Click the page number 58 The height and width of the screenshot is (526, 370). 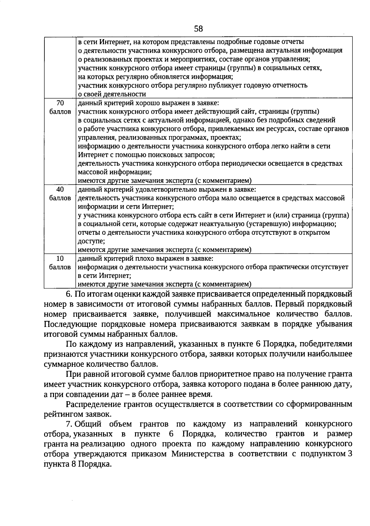click(x=199, y=29)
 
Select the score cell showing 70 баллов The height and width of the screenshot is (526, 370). click(x=60, y=107)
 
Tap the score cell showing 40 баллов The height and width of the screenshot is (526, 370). click(x=60, y=194)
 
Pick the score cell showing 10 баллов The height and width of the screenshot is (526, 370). click(x=60, y=263)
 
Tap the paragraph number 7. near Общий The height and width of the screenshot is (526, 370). click(x=69, y=424)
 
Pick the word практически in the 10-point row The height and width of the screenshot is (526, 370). click(x=289, y=267)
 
